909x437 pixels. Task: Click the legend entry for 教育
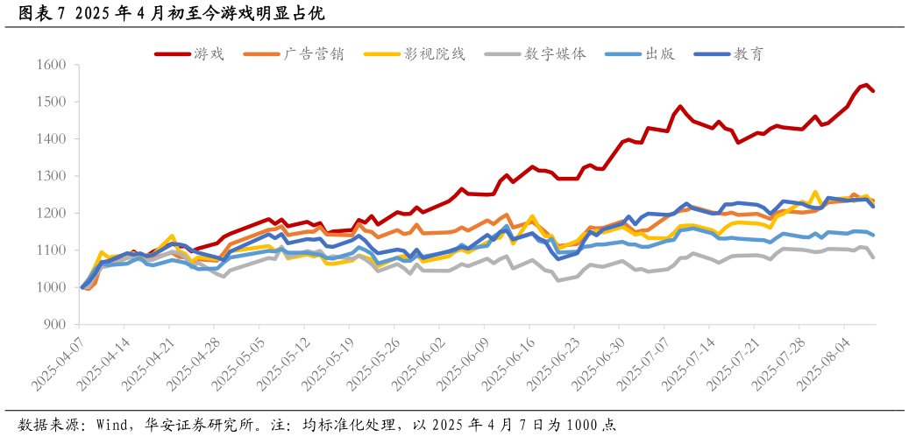[729, 53]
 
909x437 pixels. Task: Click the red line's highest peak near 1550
[866, 85]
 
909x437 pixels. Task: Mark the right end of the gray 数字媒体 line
[873, 257]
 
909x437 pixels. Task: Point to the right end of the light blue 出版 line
[873, 235]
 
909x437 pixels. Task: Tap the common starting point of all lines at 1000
[82, 287]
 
